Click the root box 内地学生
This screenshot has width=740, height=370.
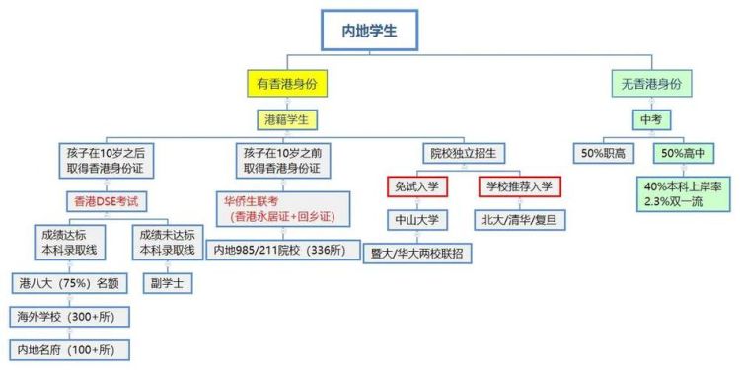(370, 31)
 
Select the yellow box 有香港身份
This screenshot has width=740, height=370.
(286, 84)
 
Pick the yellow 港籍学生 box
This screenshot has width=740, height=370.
(286, 119)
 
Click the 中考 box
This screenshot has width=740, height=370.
(648, 119)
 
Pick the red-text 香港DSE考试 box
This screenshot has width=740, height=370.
(107, 201)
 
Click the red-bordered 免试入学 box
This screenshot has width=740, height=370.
(418, 185)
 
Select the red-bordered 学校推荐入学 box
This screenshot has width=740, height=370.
(520, 185)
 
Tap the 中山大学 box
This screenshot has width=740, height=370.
(418, 219)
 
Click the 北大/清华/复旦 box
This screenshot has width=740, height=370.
(520, 219)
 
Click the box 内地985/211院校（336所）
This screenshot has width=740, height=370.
(279, 250)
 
